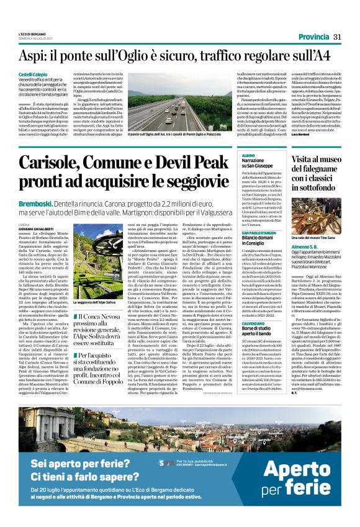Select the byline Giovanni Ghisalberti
(x=56, y=228)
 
